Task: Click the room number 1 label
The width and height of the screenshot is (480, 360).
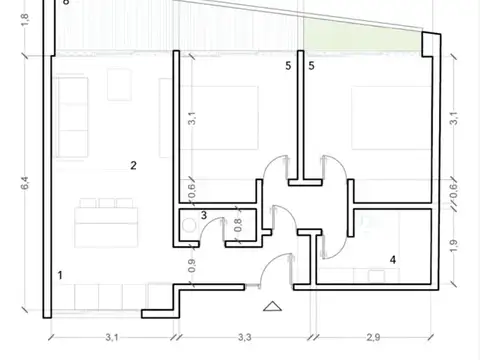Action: click(x=61, y=273)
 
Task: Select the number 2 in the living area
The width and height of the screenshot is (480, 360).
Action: click(x=132, y=164)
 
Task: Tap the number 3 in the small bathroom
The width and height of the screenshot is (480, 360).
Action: click(x=203, y=215)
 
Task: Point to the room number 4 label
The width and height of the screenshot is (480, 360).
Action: click(x=392, y=259)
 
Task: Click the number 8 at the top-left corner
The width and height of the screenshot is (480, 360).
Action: click(x=66, y=3)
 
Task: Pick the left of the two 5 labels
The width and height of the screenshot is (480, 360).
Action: click(x=287, y=66)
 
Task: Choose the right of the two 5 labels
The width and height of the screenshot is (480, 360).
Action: click(x=311, y=66)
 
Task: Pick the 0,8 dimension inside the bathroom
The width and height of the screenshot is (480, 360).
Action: click(x=238, y=225)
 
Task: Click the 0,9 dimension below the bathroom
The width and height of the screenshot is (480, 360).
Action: click(x=191, y=266)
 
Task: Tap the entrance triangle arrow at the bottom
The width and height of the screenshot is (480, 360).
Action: click(x=271, y=306)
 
